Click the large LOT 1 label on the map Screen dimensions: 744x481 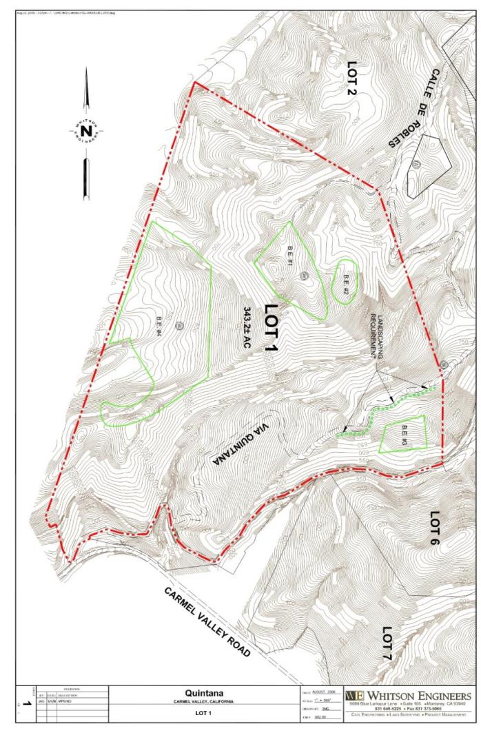pyautogui.click(x=270, y=328)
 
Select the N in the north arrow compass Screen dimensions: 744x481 pyautogui.click(x=85, y=130)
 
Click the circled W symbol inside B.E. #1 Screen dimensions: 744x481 pyautogui.click(x=303, y=275)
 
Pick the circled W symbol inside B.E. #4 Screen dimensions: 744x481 pyautogui.click(x=177, y=325)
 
